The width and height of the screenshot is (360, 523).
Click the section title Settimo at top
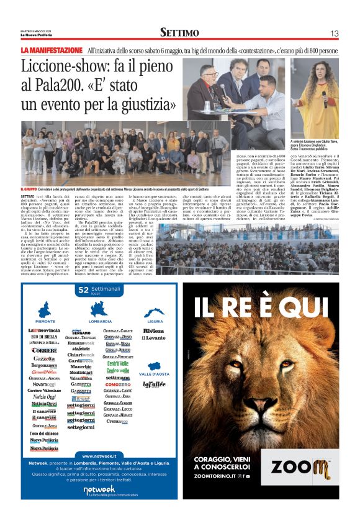point(179,32)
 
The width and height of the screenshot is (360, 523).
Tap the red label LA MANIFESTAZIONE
point(52,50)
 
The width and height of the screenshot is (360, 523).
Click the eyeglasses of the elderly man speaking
point(207,73)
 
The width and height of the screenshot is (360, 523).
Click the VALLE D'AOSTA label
point(153,374)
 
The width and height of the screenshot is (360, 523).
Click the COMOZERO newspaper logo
point(118,384)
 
